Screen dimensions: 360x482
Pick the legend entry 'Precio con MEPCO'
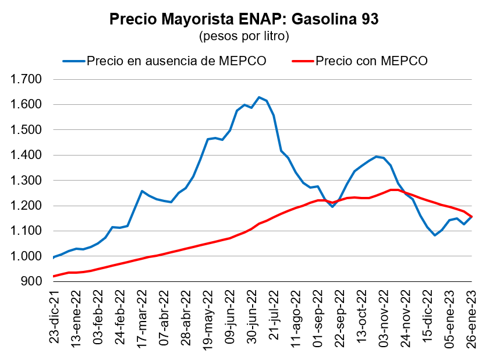click(x=371, y=61)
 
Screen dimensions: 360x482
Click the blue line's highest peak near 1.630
click(x=259, y=97)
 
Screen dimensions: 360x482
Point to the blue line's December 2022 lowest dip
click(x=435, y=235)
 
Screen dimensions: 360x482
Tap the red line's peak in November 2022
click(x=392, y=190)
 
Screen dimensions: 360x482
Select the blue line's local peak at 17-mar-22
click(x=141, y=190)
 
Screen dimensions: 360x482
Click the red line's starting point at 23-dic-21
click(x=54, y=276)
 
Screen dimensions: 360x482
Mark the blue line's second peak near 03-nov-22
click(x=377, y=156)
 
